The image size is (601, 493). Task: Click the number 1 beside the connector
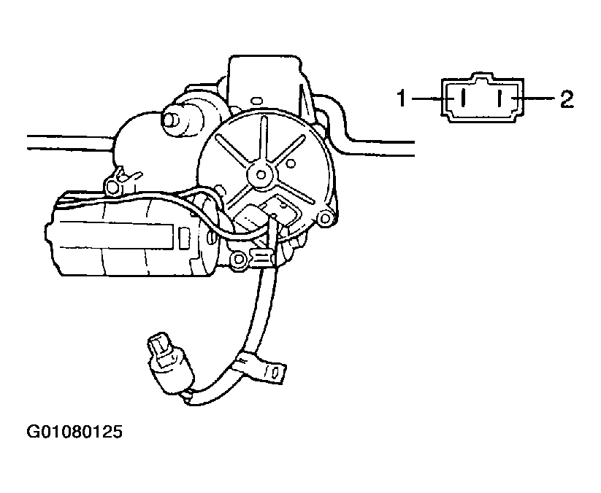[402, 98]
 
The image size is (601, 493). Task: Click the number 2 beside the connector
[567, 98]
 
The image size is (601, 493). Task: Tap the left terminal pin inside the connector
[463, 98]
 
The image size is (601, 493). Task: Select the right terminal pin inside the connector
[499, 98]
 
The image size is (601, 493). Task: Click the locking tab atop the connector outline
[482, 77]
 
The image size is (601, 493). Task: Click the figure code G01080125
[74, 432]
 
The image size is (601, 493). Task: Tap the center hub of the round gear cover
[261, 175]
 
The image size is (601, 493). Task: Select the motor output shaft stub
[171, 117]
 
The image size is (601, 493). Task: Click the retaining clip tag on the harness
[264, 368]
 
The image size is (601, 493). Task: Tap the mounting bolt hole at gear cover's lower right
[325, 219]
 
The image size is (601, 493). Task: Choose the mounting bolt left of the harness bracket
[238, 259]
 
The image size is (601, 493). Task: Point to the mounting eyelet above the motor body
[112, 186]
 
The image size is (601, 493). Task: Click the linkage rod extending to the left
[71, 141]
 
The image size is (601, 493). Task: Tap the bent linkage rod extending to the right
[368, 134]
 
